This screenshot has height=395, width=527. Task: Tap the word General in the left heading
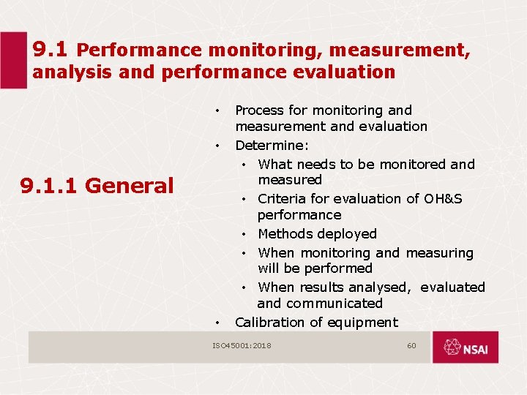pos(130,186)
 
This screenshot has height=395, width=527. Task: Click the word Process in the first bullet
pos(260,110)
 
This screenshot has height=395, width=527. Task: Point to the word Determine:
pos(272,145)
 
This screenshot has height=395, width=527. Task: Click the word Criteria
pos(282,199)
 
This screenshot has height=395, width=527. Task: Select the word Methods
pos(286,234)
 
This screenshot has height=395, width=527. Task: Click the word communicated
pos(334,304)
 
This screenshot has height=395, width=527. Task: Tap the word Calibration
pos(267,323)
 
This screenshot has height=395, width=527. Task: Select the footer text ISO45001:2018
pos(242,345)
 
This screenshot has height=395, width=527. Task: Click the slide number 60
pos(411,345)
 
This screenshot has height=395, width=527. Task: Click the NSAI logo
pos(465,347)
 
